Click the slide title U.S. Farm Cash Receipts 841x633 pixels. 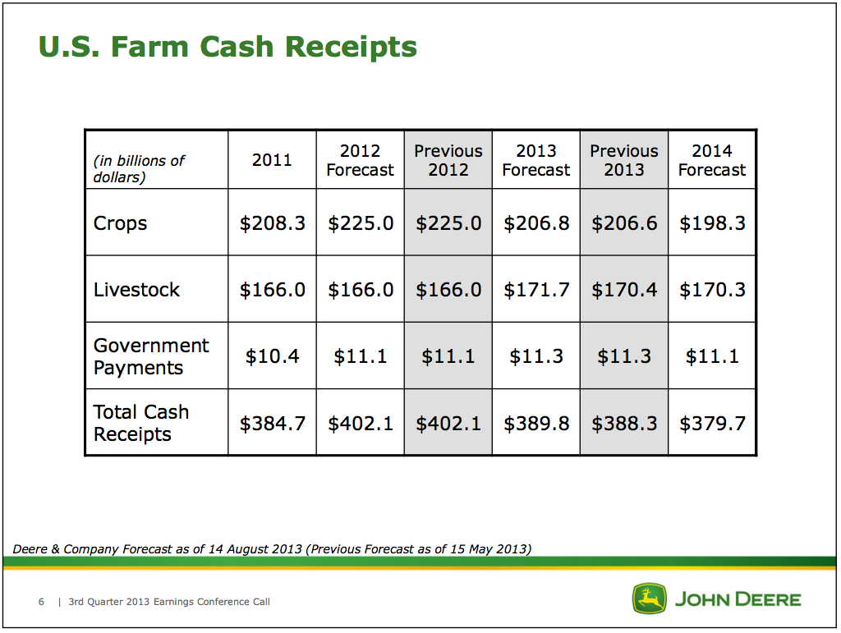click(227, 47)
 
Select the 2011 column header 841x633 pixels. click(272, 160)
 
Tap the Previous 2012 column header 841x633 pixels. click(448, 160)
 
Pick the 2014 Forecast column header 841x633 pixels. click(712, 160)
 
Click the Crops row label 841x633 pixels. click(120, 223)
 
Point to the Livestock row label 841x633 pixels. click(136, 290)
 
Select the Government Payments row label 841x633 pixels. click(151, 356)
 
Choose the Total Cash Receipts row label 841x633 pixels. click(141, 423)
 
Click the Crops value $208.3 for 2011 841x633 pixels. click(273, 223)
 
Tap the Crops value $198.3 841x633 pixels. click(712, 223)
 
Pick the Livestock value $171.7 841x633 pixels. click(536, 290)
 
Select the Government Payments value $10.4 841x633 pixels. click(273, 356)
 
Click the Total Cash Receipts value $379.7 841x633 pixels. click(712, 424)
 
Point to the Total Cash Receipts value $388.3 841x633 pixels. click(624, 424)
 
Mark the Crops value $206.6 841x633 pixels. click(624, 223)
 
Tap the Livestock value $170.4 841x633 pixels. click(624, 290)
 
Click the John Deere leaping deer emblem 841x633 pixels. click(649, 599)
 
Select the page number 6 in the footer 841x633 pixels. click(41, 602)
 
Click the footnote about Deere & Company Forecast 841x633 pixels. click(272, 549)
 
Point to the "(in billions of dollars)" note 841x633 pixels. click(139, 169)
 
